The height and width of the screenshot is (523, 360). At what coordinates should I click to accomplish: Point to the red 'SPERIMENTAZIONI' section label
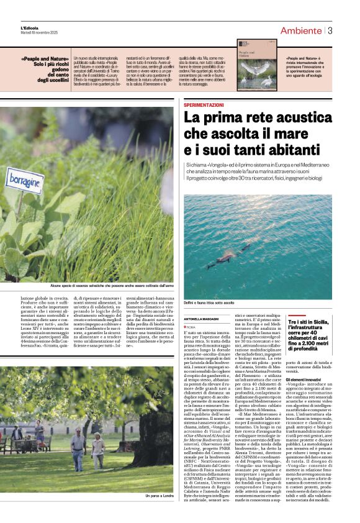point(204,106)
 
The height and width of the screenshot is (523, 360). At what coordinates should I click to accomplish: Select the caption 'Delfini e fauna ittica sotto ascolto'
point(208,302)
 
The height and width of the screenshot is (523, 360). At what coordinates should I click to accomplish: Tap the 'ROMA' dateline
point(191,327)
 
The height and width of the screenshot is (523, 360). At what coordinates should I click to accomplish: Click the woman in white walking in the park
point(97,450)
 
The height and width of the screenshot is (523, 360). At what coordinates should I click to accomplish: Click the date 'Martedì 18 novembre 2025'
point(40,34)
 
